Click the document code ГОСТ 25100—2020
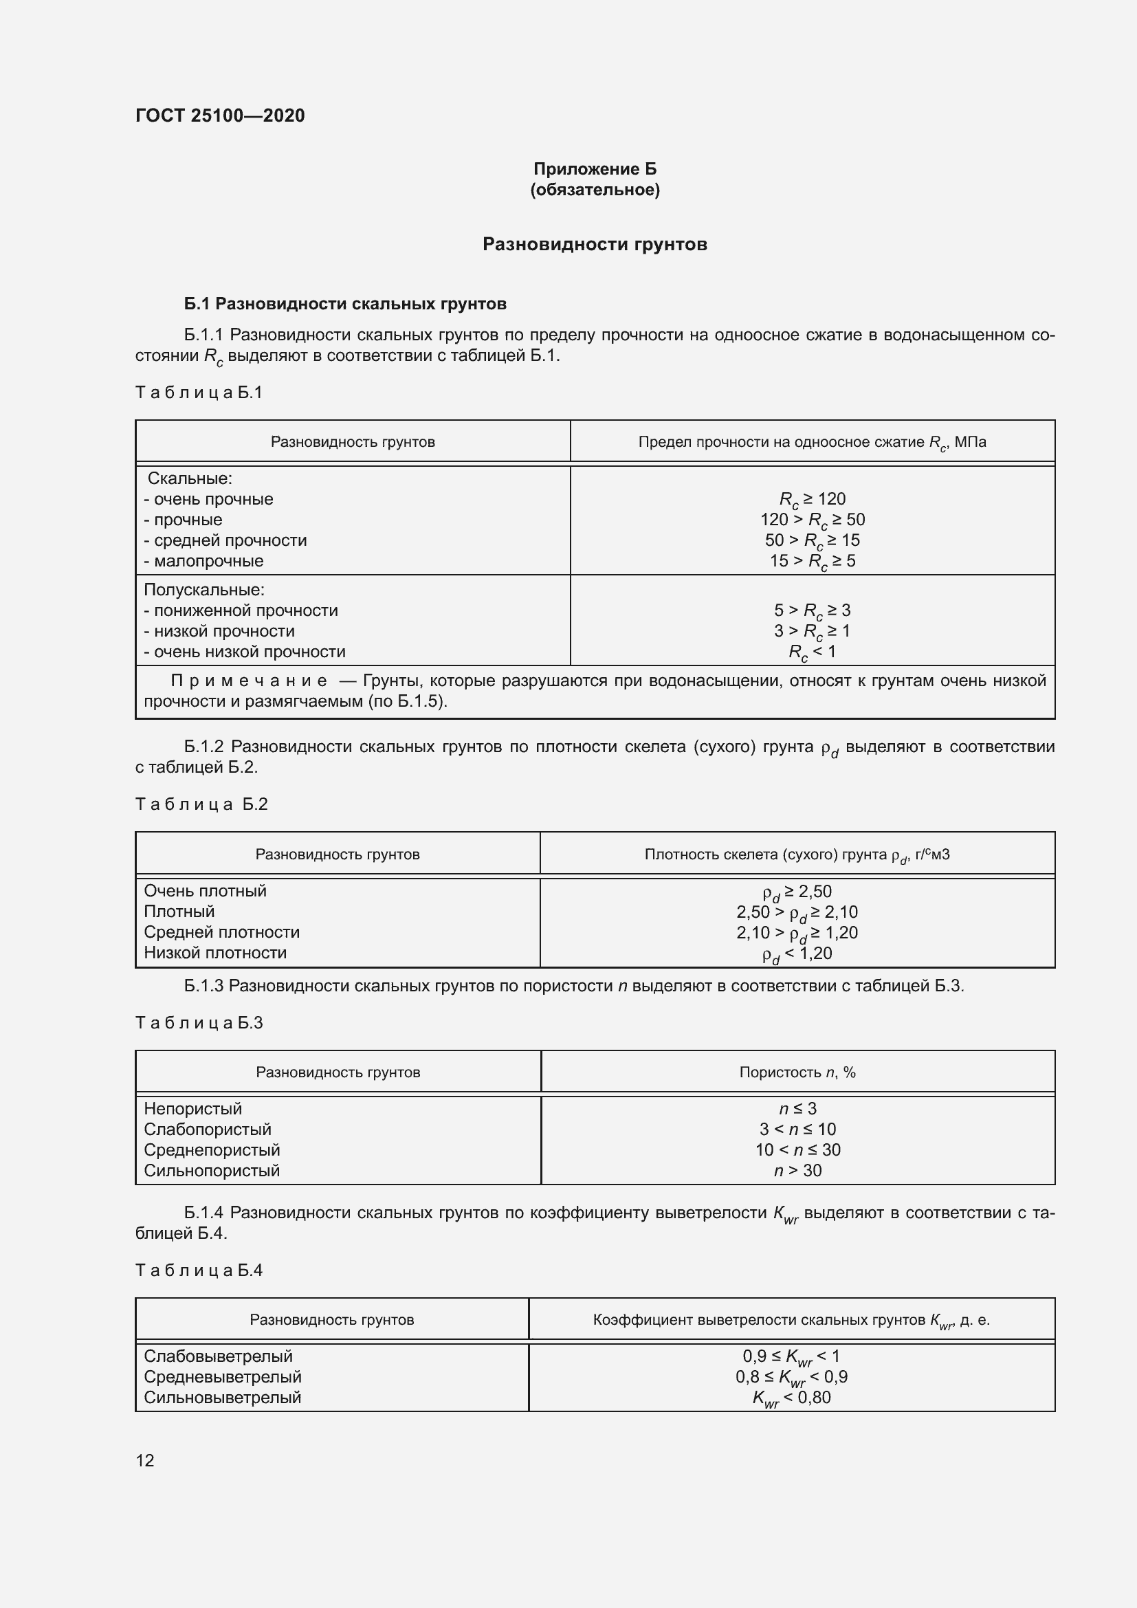tap(220, 115)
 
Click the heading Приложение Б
tap(595, 169)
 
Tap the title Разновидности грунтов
tap(595, 245)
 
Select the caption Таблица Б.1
tap(199, 392)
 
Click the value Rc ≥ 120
tap(812, 499)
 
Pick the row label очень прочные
tap(209, 499)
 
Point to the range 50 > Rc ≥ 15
tap(812, 540)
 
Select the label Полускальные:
tap(203, 590)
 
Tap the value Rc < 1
tap(812, 652)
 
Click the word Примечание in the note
tap(249, 681)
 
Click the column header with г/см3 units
tap(797, 855)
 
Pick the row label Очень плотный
tap(205, 891)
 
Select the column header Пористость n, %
tap(797, 1072)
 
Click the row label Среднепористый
tap(212, 1150)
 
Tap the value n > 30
tap(797, 1170)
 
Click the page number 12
tap(145, 1460)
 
